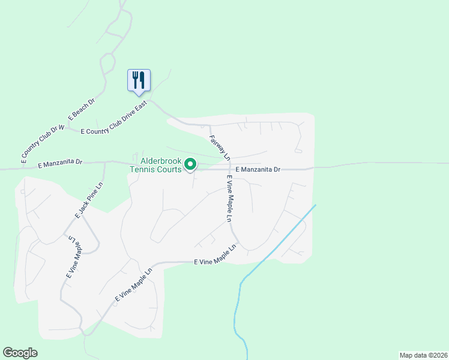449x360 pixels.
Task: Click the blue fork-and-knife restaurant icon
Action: pyautogui.click(x=139, y=80)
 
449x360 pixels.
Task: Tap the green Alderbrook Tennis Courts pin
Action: pyautogui.click(x=190, y=164)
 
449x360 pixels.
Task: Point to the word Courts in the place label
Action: pyautogui.click(x=168, y=169)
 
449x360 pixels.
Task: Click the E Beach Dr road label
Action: pyautogui.click(x=82, y=110)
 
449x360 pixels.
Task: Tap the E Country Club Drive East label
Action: pyautogui.click(x=113, y=119)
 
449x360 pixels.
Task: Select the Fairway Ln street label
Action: pyautogui.click(x=219, y=147)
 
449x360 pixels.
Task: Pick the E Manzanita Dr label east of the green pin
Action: pyautogui.click(x=258, y=170)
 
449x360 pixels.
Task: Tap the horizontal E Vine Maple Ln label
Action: pyautogui.click(x=215, y=259)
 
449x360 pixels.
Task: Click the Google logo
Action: pyautogui.click(x=20, y=353)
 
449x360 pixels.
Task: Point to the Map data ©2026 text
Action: pyautogui.click(x=423, y=355)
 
